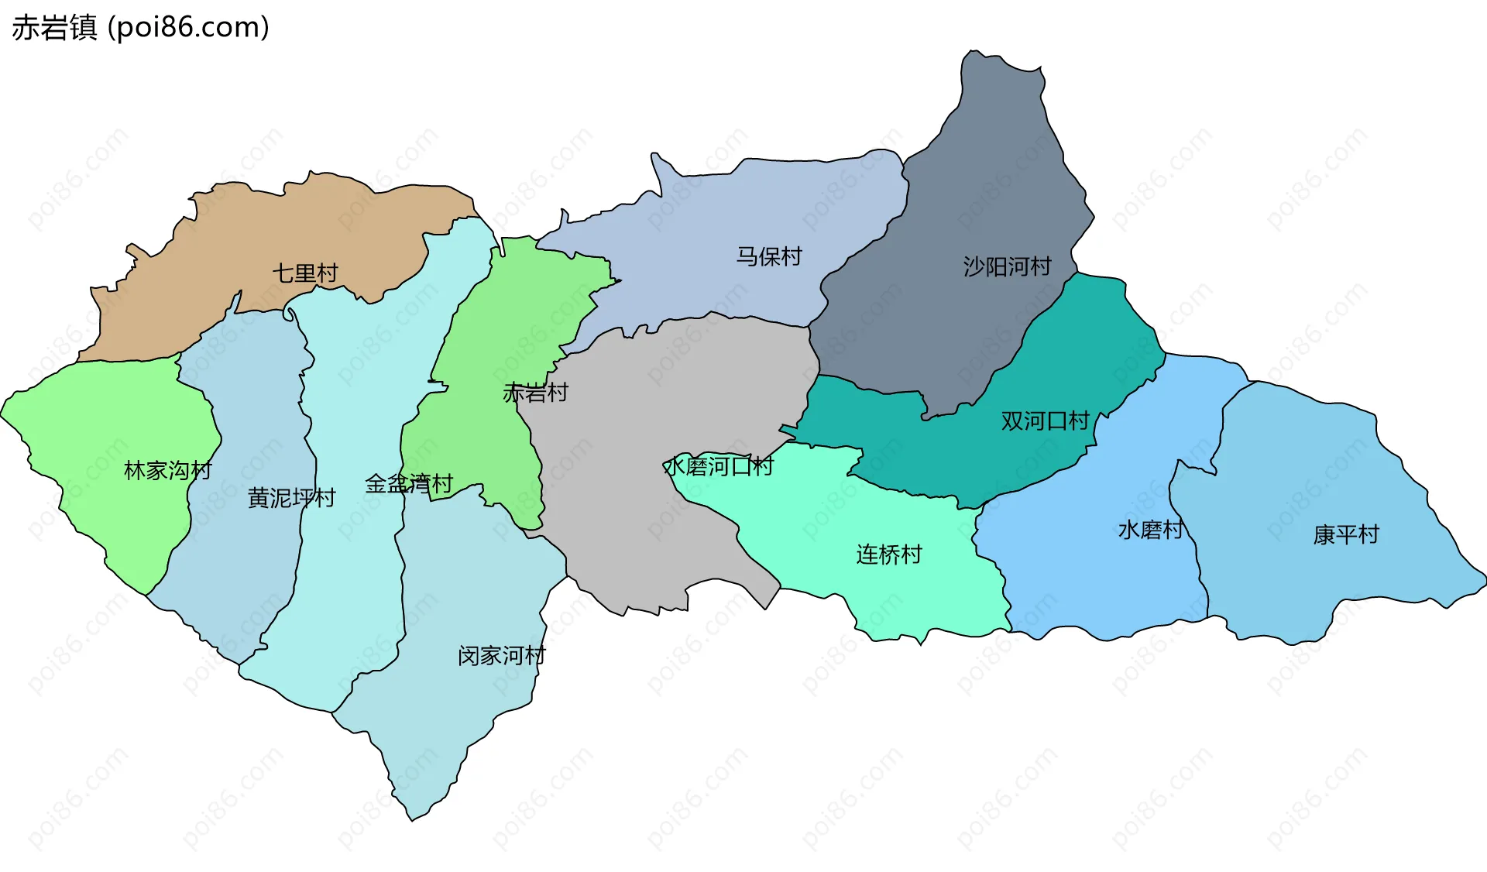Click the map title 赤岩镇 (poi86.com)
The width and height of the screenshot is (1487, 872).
(x=140, y=27)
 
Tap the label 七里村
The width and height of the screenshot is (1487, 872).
(x=305, y=273)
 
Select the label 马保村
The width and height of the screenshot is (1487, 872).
(x=769, y=256)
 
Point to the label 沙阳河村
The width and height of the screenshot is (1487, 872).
(x=1007, y=266)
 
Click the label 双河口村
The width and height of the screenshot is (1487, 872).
(x=1045, y=421)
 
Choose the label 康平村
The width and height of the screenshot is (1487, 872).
(x=1346, y=534)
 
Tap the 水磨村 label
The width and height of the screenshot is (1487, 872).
(x=1151, y=530)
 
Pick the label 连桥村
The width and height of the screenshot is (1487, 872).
(x=889, y=554)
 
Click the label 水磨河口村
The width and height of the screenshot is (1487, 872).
(x=718, y=466)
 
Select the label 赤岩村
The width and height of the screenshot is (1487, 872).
(x=535, y=393)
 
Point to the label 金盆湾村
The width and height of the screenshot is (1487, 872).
(x=409, y=484)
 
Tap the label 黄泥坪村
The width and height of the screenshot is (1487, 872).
(x=291, y=497)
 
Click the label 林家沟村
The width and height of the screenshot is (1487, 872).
(x=167, y=470)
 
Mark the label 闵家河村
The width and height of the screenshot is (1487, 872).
(x=501, y=656)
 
